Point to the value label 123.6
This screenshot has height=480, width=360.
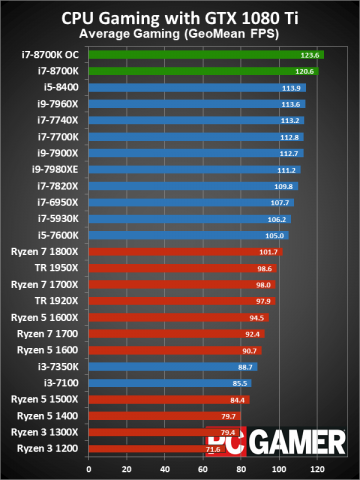click(x=309, y=55)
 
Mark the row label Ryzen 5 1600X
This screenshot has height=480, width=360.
click(x=50, y=317)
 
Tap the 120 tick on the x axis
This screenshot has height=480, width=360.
click(x=317, y=468)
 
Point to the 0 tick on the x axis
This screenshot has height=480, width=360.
click(x=89, y=468)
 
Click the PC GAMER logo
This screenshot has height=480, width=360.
click(x=275, y=440)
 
